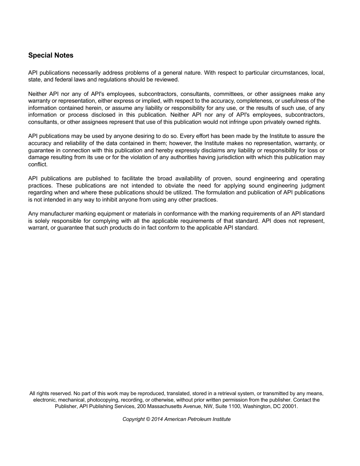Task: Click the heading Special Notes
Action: tap(51, 55)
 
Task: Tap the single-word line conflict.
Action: tap(38, 164)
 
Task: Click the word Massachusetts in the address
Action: tap(165, 406)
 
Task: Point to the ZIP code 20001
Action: tap(290, 406)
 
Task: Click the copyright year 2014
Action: tap(157, 419)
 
